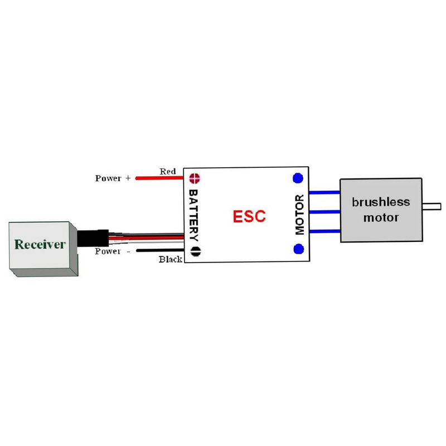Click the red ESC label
pos(249,216)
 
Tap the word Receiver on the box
pos(40,244)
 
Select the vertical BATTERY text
pos(193,215)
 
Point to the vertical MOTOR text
pos(299,215)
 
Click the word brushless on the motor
pos(381,202)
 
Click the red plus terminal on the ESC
pos(195,178)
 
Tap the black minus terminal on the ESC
pos(196,251)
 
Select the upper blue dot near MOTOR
pos(298,178)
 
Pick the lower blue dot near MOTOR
pos(298,249)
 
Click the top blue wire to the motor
pos(324,192)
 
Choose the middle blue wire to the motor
pos(324,212)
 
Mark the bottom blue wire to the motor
pos(325,231)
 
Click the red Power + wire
pos(159,178)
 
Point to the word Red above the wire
pos(168,172)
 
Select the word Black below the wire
pos(171,259)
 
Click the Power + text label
pos(113,178)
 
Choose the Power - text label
pos(113,251)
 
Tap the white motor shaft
pos(432,206)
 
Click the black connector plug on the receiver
pos(93,238)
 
